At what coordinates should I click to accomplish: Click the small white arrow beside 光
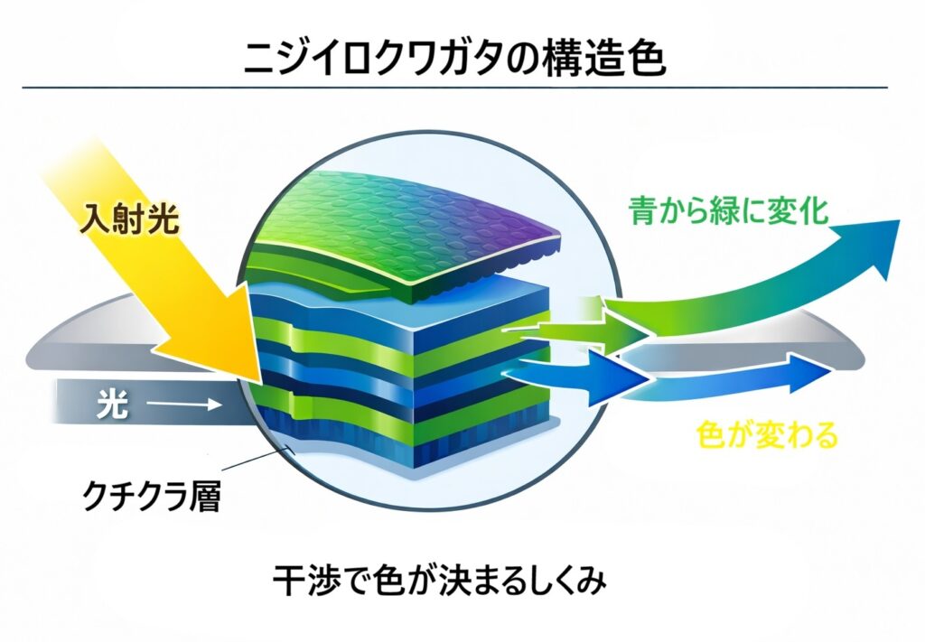click(184, 405)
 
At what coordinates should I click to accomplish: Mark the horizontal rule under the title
click(455, 88)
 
